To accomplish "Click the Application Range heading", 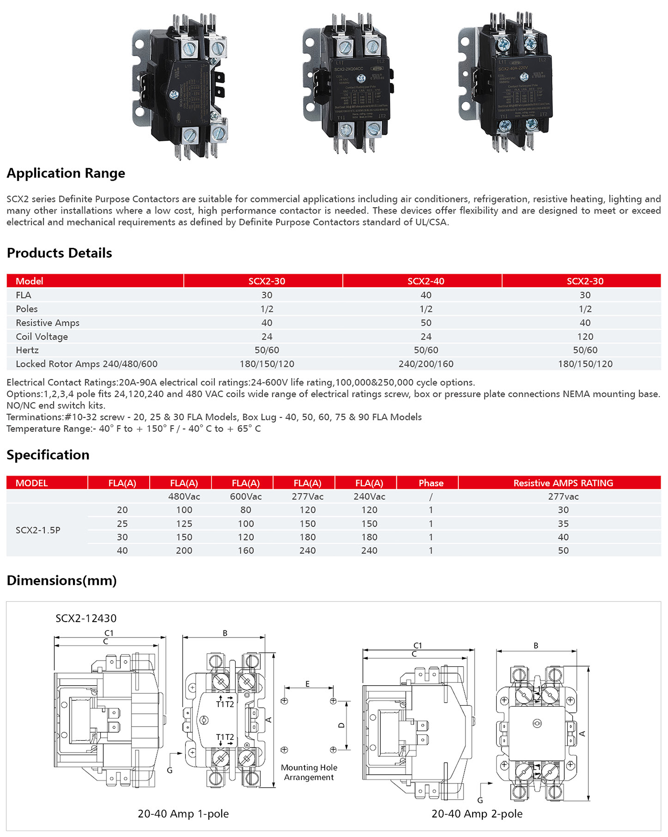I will click(x=66, y=173).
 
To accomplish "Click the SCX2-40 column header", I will click(x=426, y=281).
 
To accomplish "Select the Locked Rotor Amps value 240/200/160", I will click(x=426, y=364).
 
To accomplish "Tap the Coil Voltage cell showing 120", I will click(x=585, y=337).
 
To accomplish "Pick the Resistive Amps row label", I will click(x=48, y=323).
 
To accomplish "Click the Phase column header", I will click(x=431, y=483).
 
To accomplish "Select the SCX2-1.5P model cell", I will click(x=38, y=530).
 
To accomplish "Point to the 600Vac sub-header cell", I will click(x=245, y=496).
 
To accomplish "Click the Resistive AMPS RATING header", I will click(x=563, y=483).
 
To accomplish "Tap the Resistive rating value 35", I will click(x=563, y=524).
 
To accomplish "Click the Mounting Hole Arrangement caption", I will click(x=309, y=772).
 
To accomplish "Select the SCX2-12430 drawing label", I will click(x=86, y=618).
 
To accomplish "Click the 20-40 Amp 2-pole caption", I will click(x=477, y=814).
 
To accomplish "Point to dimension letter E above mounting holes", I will click(x=307, y=684).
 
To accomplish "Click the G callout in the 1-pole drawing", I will click(x=170, y=770).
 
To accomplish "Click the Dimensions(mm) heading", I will click(x=61, y=581).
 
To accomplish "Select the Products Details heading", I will click(x=59, y=253).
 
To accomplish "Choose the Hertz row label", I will click(x=27, y=350).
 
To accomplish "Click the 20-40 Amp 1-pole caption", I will click(x=183, y=814).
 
